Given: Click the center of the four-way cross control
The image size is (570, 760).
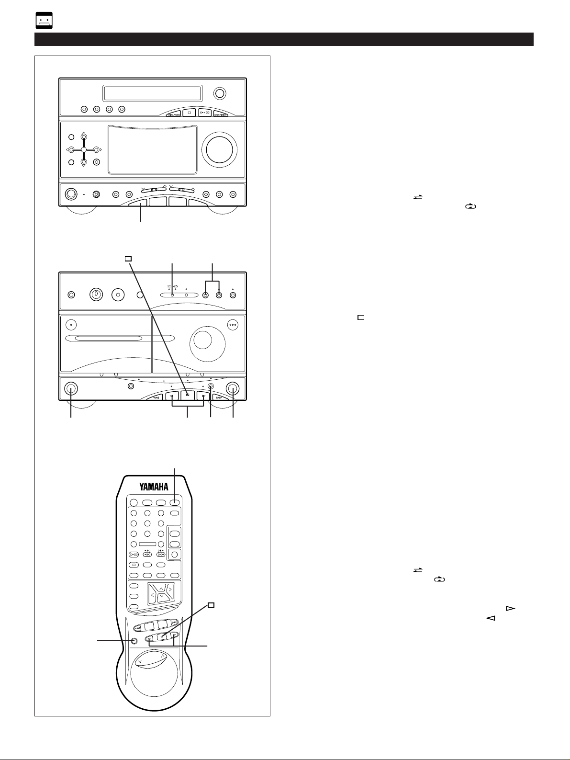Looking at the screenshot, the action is click(84, 149).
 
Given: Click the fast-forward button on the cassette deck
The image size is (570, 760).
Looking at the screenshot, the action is click(217, 397).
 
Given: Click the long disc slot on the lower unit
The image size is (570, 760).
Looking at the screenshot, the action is click(104, 339).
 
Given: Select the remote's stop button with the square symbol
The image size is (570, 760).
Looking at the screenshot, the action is click(162, 636).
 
